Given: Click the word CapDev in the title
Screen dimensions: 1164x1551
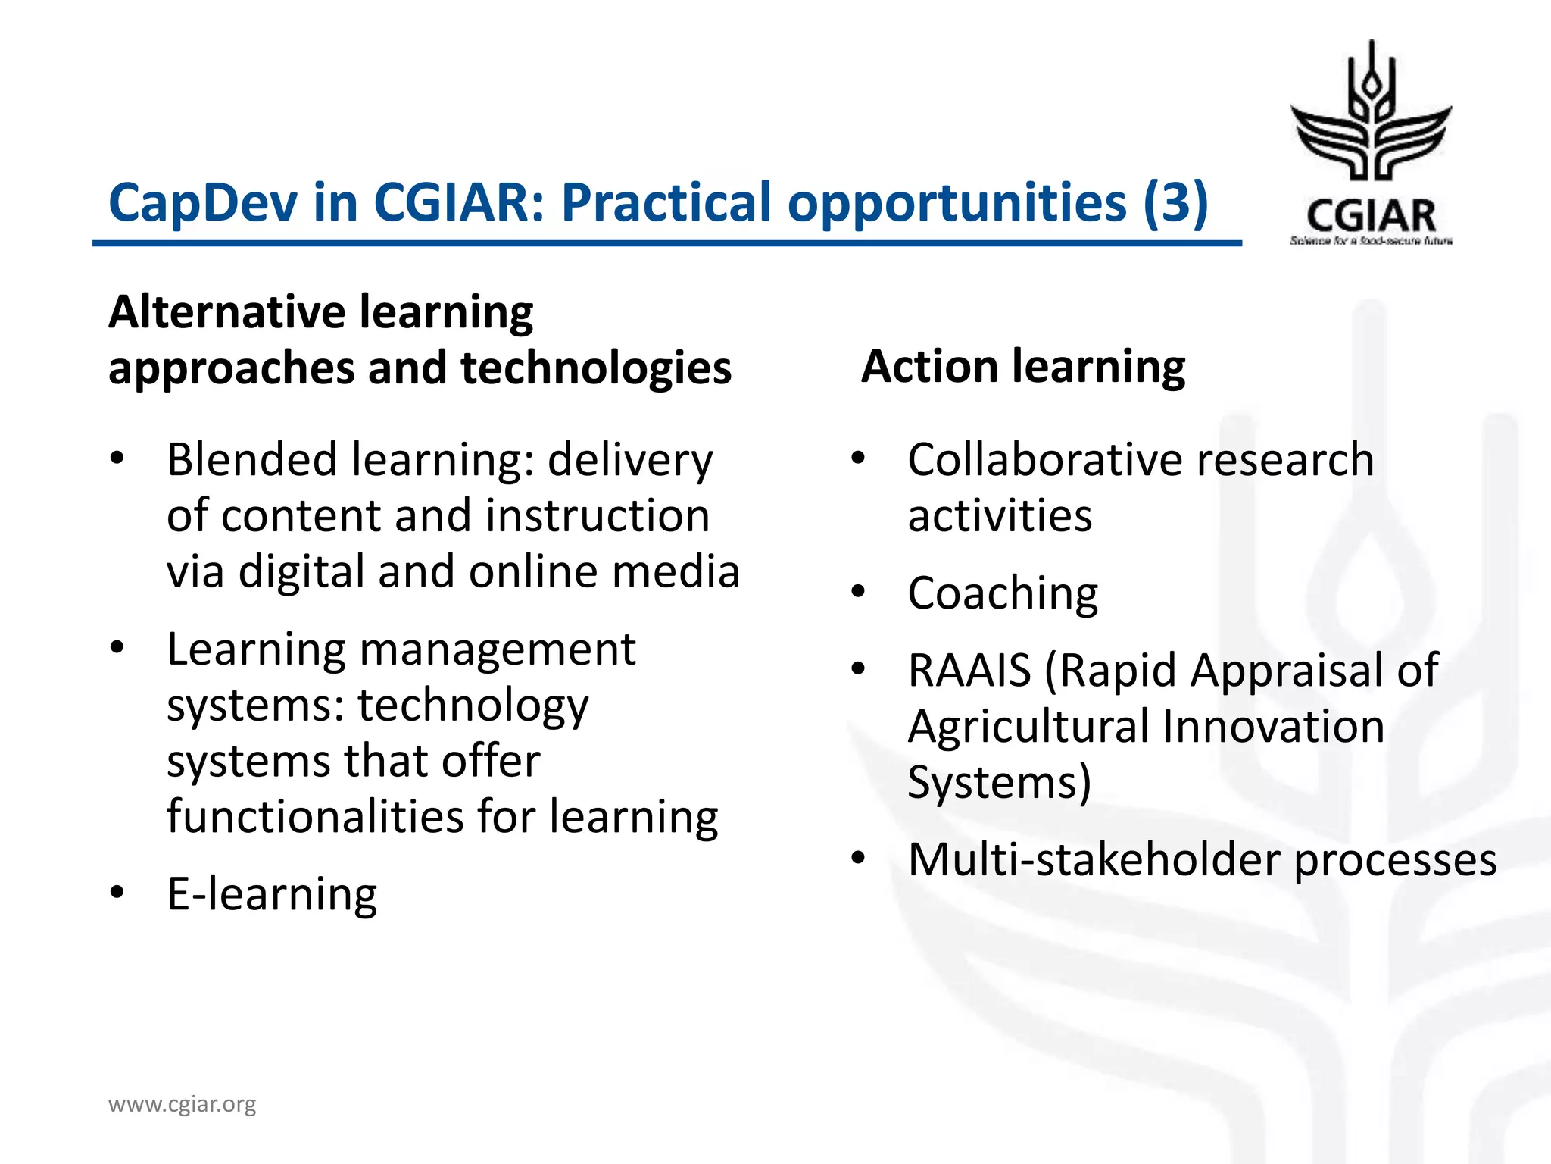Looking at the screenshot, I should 204,203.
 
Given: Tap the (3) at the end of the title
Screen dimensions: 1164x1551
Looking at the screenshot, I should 1175,203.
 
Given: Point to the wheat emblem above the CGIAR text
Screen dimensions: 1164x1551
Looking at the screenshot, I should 1371,114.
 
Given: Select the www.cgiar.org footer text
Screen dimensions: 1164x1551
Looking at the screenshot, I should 183,1104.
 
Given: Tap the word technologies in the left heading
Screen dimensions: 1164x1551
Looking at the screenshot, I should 596,368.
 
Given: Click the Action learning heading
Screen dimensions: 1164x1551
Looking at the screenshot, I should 1023,367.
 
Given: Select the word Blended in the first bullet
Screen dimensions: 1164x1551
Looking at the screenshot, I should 252,460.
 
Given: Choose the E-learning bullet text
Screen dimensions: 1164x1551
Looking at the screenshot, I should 272,894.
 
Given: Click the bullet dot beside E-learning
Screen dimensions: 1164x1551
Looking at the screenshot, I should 117,893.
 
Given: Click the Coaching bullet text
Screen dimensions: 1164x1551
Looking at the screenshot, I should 1003,593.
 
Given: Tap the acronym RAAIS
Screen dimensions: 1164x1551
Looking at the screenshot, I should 969,671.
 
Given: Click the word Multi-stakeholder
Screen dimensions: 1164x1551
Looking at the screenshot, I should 1094,860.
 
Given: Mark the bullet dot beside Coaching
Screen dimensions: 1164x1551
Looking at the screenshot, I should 857,591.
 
